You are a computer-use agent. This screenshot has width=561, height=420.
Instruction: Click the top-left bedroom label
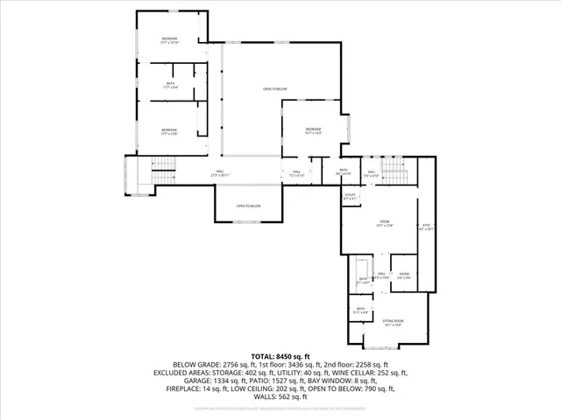[169, 40]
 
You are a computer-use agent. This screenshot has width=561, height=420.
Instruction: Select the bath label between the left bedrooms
[170, 85]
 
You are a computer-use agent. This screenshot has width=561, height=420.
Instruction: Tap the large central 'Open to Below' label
[275, 88]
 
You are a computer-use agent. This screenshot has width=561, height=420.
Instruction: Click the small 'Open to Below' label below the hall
[248, 206]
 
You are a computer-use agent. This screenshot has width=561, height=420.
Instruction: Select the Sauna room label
[404, 276]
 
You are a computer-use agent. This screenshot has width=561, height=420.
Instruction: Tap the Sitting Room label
[393, 323]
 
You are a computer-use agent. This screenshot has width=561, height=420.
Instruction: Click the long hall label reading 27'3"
[219, 173]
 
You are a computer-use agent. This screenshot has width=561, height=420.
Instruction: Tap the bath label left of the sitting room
[360, 311]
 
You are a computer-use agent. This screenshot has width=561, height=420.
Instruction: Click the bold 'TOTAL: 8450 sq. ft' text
[280, 357]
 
